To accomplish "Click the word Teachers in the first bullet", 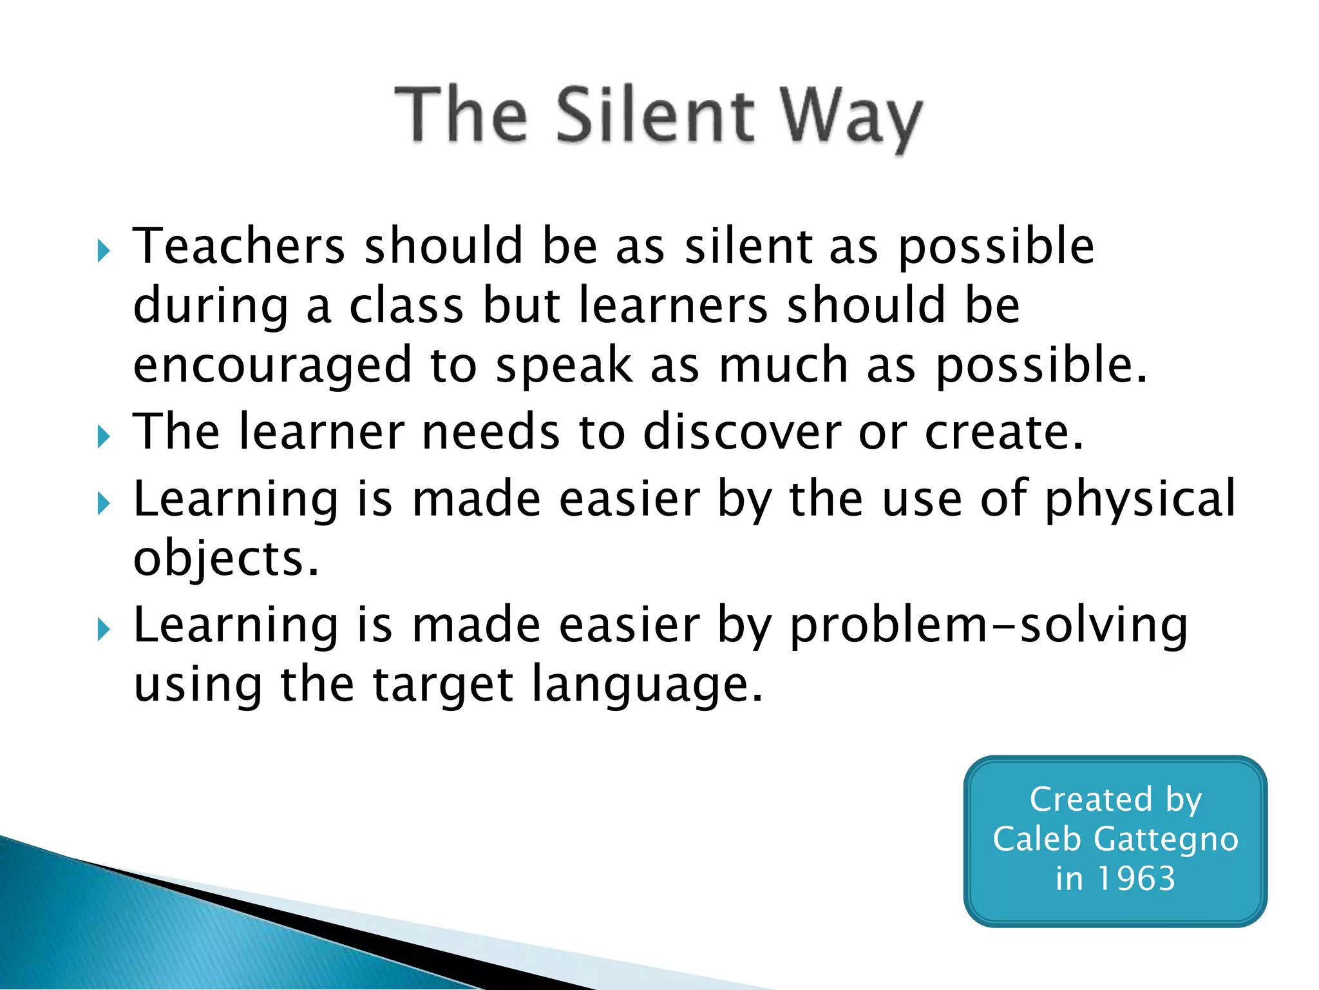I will (x=239, y=246).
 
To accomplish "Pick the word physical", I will (x=1140, y=500).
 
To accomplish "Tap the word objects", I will (x=225, y=559).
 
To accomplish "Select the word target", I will (x=442, y=685).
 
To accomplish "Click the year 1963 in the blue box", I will (x=1136, y=878).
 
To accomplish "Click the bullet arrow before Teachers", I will (x=104, y=251).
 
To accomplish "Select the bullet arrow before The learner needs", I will (x=104, y=436).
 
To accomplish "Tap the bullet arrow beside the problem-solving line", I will (x=104, y=629).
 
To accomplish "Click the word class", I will (x=406, y=306).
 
